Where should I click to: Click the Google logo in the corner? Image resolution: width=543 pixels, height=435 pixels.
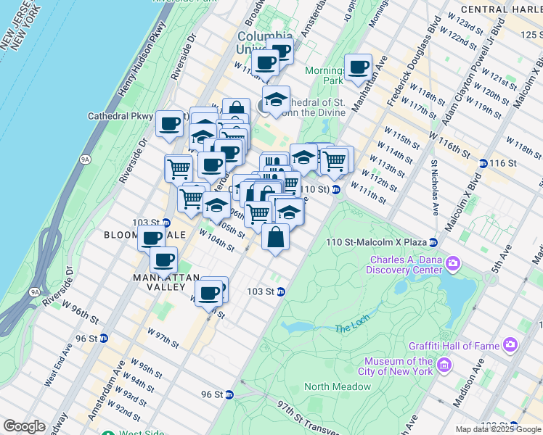[25, 426]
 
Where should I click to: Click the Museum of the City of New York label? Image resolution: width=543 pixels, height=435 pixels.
[398, 366]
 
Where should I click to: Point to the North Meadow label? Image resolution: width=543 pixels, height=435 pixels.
[337, 387]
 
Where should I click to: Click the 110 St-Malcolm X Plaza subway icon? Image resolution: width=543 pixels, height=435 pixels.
[433, 242]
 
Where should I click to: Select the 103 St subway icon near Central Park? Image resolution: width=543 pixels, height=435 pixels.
[280, 292]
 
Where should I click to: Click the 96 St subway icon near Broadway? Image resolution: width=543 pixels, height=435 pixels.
[104, 339]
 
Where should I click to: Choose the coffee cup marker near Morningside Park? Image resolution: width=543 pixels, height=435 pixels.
[358, 68]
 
